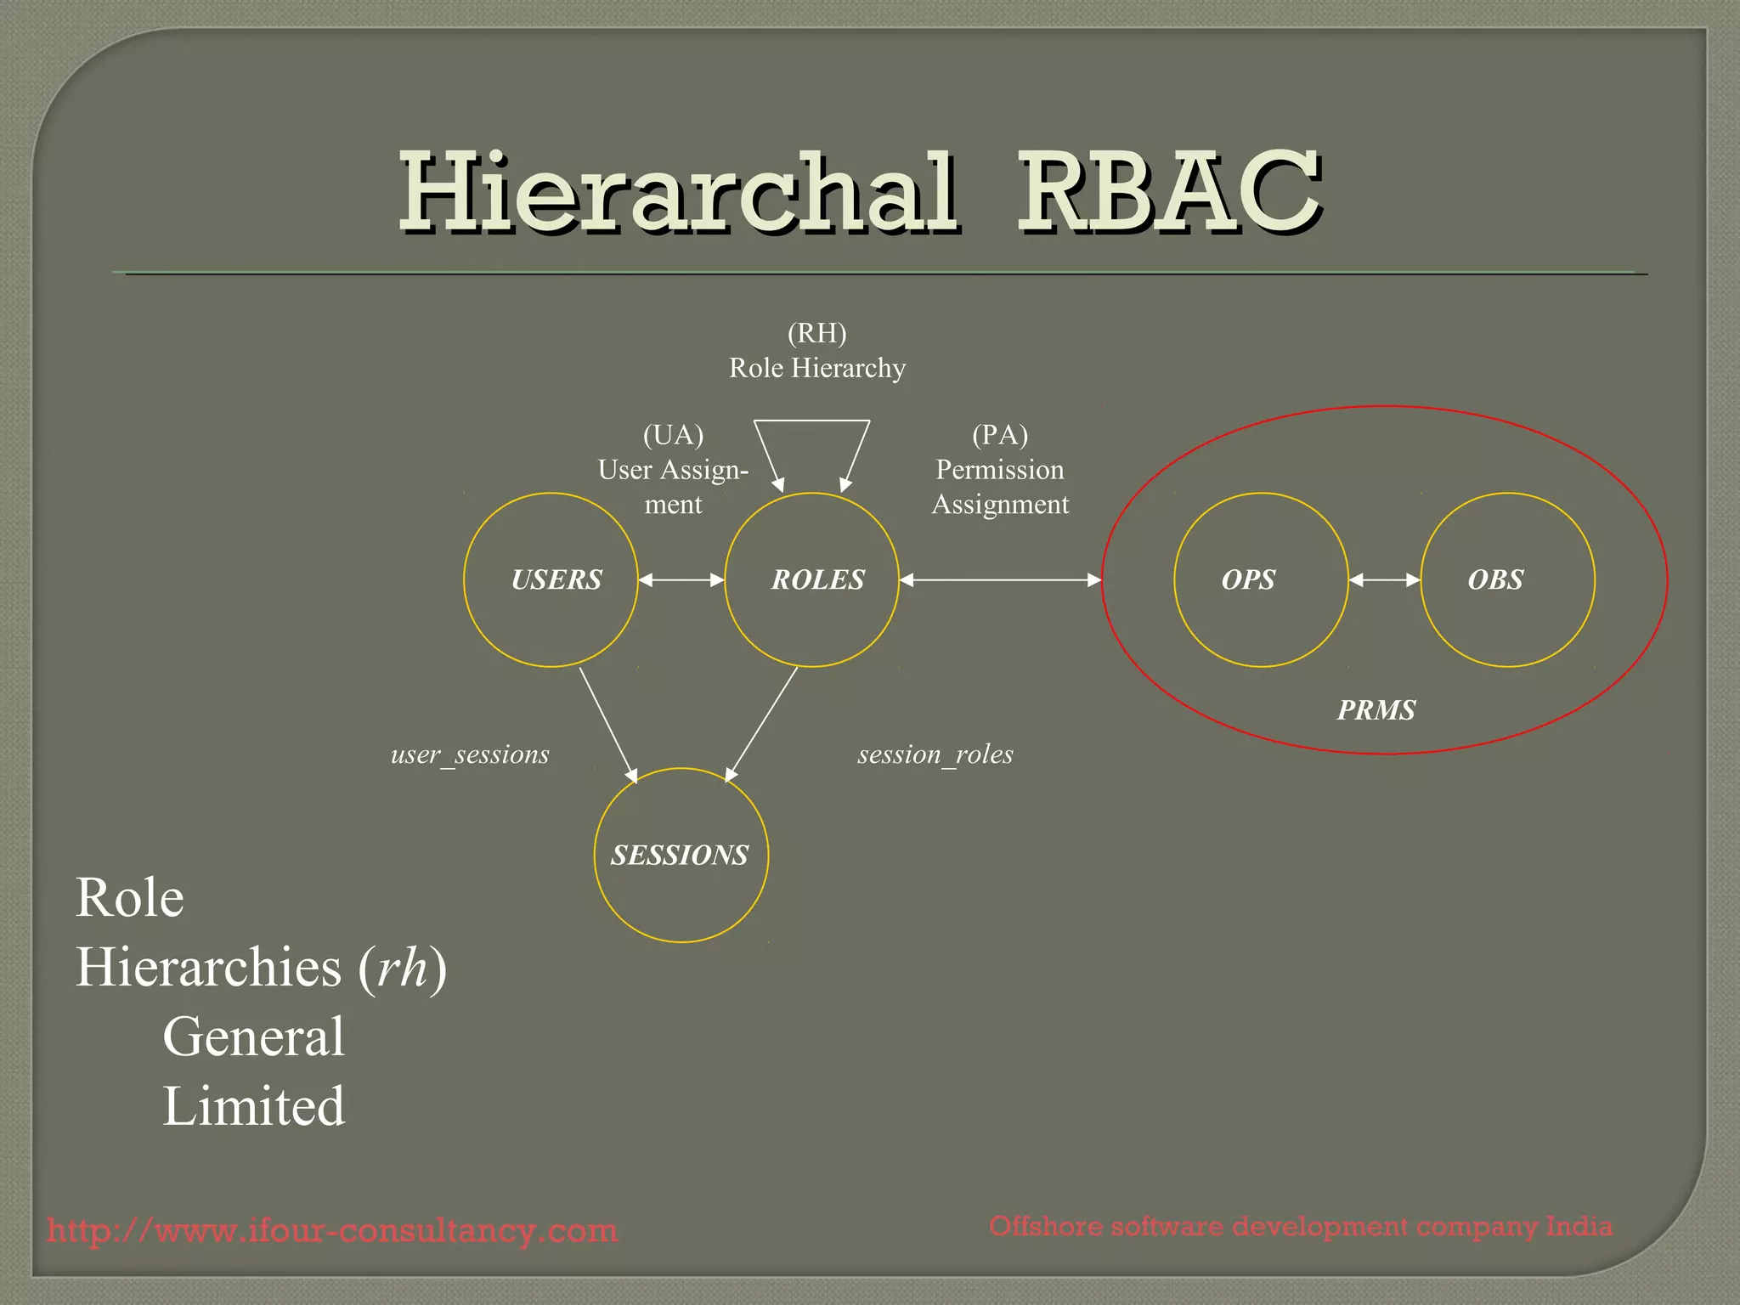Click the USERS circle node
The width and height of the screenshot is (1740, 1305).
pyautogui.click(x=551, y=580)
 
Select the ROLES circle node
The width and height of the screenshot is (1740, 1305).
pyautogui.click(x=812, y=580)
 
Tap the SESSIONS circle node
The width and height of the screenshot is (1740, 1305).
pyautogui.click(x=681, y=855)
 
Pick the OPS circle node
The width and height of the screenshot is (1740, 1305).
pyautogui.click(x=1261, y=580)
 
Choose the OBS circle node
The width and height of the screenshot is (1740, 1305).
pyautogui.click(x=1508, y=580)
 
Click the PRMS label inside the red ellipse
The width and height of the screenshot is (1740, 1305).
pyautogui.click(x=1376, y=710)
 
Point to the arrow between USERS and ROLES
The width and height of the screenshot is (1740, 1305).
pyautogui.click(x=681, y=580)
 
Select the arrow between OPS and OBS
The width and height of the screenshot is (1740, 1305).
pyautogui.click(x=1385, y=580)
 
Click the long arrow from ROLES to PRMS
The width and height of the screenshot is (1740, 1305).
pyautogui.click(x=1000, y=580)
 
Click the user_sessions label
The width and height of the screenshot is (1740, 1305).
pyautogui.click(x=470, y=754)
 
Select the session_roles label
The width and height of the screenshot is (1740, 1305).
pyautogui.click(x=935, y=754)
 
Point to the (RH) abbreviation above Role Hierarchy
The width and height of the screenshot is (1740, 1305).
pyautogui.click(x=817, y=333)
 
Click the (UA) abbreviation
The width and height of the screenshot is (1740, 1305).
pyautogui.click(x=674, y=435)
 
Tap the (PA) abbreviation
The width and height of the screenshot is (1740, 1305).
pyautogui.click(x=1000, y=435)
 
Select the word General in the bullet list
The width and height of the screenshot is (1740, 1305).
pyautogui.click(x=254, y=1037)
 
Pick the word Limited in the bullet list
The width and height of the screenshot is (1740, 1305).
pyautogui.click(x=254, y=1106)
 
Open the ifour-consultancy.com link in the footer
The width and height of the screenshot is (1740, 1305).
pyautogui.click(x=332, y=1230)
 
